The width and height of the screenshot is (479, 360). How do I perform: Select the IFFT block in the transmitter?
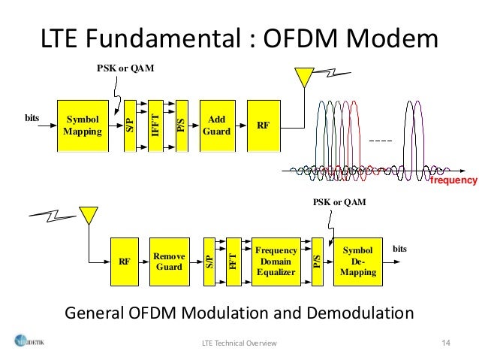coord(155,125)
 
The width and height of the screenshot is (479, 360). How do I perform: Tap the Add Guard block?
coord(215,125)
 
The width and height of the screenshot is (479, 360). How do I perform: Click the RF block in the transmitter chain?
coord(263,125)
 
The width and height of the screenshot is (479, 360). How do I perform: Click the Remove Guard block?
coord(168,261)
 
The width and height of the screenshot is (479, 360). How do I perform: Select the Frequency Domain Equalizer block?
coord(276,261)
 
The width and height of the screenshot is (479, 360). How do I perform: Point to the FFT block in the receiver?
coord(233,261)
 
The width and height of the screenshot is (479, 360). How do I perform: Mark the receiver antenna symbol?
coord(89,215)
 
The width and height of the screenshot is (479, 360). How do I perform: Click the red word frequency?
coord(453,181)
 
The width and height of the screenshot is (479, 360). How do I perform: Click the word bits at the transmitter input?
coord(31,118)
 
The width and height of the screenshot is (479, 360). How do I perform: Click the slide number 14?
coord(445,343)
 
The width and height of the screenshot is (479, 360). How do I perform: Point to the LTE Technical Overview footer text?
coord(239,343)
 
